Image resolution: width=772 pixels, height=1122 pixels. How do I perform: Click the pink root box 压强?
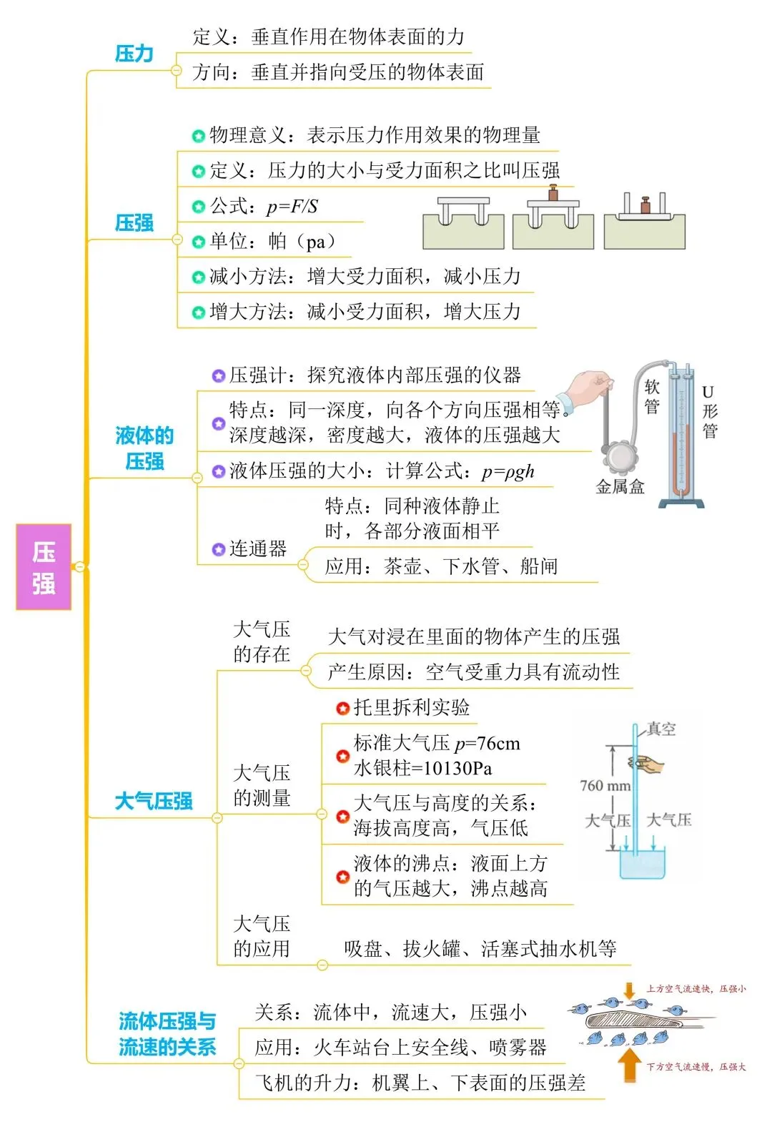coord(44,566)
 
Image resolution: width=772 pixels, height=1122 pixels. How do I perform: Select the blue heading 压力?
coord(134,54)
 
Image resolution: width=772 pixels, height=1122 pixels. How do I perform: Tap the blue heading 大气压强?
coord(154,801)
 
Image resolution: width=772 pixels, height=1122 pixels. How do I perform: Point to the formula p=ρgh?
coord(508,471)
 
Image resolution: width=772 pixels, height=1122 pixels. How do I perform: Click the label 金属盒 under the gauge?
coord(620,488)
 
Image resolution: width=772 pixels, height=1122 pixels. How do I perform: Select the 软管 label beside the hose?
coord(652,397)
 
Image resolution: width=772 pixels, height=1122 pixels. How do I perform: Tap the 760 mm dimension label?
coord(605,786)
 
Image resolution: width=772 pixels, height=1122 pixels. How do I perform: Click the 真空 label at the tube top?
coord(660,729)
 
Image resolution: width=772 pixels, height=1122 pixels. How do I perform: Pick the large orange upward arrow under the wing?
coord(629,1064)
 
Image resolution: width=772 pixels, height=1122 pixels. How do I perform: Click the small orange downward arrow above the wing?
coord(629,990)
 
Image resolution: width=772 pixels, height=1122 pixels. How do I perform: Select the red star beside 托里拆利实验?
coord(342,709)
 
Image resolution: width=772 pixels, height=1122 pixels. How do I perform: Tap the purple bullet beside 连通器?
coord(219,549)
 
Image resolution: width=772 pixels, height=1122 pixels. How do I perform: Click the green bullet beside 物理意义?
coord(199,136)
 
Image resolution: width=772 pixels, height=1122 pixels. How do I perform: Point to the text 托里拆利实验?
coord(412,708)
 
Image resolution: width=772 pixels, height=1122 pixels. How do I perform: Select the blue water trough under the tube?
coord(642,864)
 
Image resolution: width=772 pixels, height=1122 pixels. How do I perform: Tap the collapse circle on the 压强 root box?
coord(80,566)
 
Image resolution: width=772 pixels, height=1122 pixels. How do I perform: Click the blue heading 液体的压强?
coord(144,448)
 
